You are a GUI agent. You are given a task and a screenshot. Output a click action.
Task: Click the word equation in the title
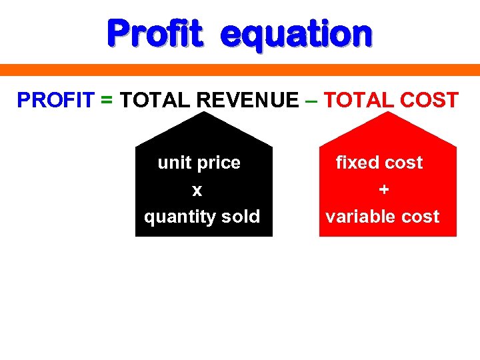[296, 35]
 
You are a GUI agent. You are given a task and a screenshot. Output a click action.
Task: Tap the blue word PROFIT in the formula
[55, 100]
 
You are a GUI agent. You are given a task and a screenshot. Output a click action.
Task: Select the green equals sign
[107, 101]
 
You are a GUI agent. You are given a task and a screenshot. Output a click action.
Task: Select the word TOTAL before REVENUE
[155, 100]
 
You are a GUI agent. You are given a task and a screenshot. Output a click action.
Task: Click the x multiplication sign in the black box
[197, 191]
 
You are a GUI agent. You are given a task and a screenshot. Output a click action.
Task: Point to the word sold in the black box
[243, 217]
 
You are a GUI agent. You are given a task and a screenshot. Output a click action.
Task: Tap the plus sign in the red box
[383, 190]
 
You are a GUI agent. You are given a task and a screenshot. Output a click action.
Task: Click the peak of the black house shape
[204, 113]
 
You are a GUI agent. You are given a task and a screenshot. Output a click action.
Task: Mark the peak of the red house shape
[388, 113]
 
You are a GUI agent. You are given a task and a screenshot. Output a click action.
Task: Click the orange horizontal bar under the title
[240, 70]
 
